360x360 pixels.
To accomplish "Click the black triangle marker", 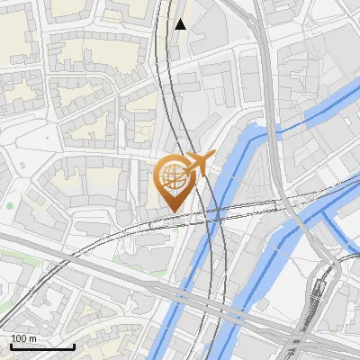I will coord(181,24).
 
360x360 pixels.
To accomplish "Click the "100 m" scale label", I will coord(24,338).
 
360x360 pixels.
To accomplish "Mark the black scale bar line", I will coord(42,346).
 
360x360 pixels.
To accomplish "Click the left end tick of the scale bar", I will coord(11,345).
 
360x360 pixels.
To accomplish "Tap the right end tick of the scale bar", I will coord(74,345).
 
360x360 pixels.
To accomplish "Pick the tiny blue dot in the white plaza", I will coord(44,138).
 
